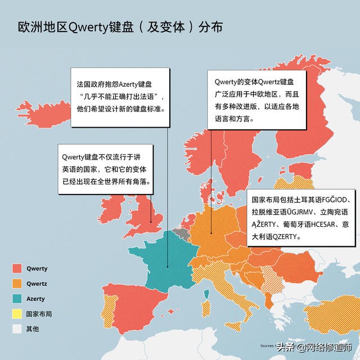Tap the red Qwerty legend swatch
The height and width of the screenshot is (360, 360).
17,268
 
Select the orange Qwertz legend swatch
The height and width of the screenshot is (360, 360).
17,283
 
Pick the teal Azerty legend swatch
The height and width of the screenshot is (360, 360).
17,299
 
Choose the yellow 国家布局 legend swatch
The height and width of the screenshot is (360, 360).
17,314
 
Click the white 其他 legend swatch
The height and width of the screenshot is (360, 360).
17,329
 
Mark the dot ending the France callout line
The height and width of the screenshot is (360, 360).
167,267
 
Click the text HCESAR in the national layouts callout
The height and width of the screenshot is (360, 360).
310,224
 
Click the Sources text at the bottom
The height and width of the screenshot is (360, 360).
267,345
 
